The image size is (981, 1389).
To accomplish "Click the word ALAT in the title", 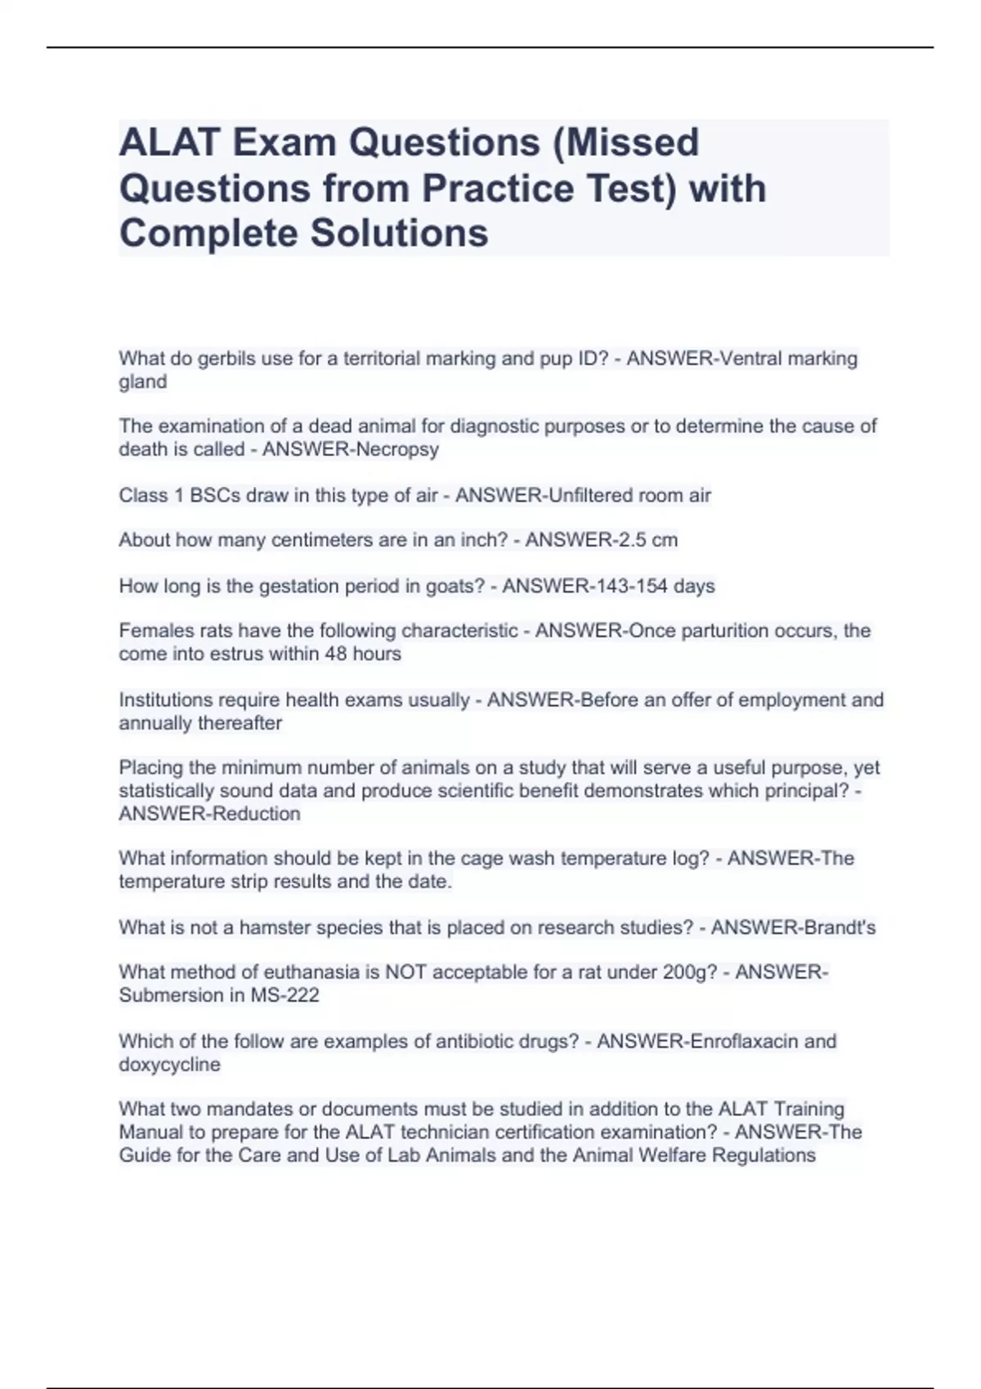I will (169, 142).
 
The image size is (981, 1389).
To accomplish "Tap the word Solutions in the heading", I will (398, 233).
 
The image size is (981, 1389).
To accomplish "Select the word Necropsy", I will (396, 449).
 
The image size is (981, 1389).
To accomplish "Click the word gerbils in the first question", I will (226, 359).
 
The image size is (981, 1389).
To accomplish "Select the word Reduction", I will (256, 814).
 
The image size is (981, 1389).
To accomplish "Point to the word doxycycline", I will (169, 1065).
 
